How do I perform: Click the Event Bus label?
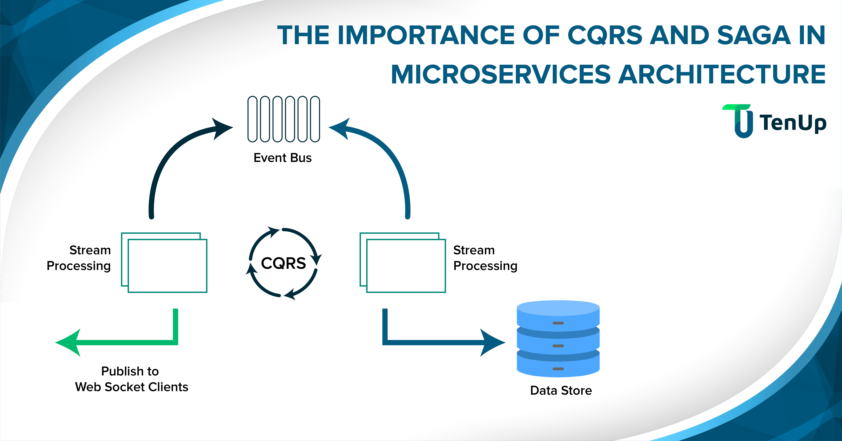coord(282,158)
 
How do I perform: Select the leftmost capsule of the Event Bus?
coord(252,119)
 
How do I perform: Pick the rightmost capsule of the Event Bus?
coord(315,119)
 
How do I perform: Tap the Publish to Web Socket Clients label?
coord(131,379)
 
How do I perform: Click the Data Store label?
coord(561,390)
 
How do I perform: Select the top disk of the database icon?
coord(558,314)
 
